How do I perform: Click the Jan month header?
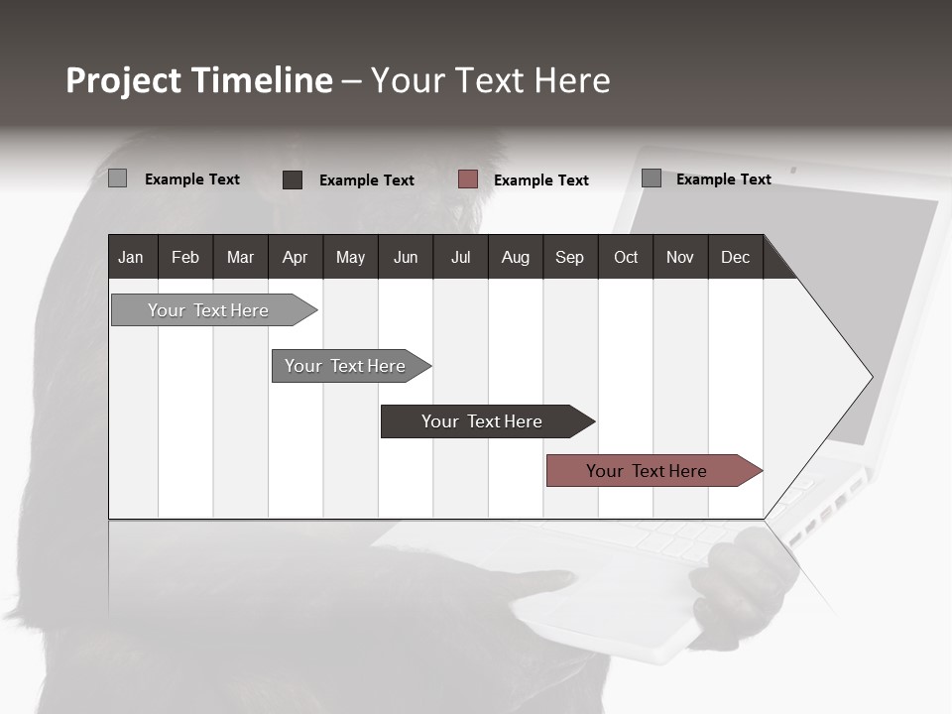(132, 257)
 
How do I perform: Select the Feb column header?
(185, 257)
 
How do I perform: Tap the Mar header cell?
(240, 257)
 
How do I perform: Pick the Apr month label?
(296, 257)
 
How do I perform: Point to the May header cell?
(350, 257)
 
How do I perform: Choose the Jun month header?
(406, 257)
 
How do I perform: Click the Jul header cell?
(460, 257)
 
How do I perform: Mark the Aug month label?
(516, 257)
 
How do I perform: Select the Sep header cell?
(570, 257)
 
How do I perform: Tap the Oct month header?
(626, 257)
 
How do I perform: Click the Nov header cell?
(680, 257)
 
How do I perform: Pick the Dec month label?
(736, 257)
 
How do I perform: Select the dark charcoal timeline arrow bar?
(483, 421)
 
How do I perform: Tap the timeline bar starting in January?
(209, 310)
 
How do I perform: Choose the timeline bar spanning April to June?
(346, 366)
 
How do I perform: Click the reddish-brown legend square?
(468, 179)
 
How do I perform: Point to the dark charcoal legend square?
(293, 179)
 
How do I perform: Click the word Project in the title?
(124, 80)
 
